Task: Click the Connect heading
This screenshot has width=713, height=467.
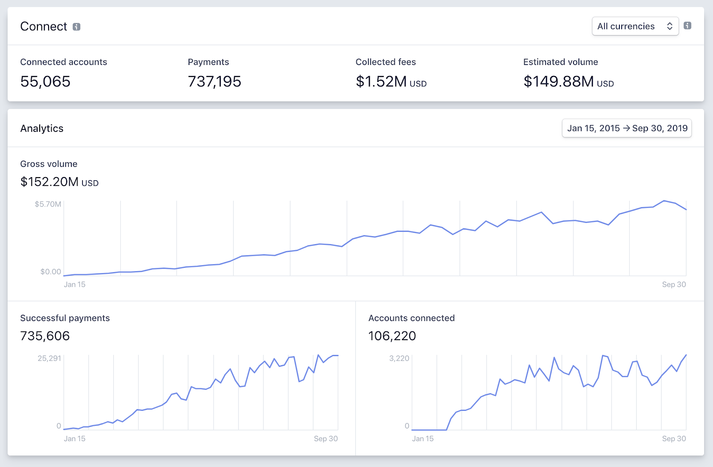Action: (44, 27)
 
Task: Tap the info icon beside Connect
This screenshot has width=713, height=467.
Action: (77, 27)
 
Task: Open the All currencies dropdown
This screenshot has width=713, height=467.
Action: (635, 26)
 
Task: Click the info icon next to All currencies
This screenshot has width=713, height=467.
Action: (688, 26)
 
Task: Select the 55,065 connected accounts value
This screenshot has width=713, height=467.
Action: (45, 81)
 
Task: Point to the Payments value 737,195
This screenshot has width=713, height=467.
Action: (214, 81)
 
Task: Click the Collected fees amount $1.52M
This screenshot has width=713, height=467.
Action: (381, 81)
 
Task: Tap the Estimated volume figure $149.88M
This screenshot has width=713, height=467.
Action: (559, 81)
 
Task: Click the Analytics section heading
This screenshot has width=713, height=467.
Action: (42, 129)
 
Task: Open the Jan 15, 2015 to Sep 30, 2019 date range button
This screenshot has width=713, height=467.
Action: (627, 128)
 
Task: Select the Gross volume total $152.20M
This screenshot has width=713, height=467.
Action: (49, 182)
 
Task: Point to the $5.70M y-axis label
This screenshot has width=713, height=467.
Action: (48, 204)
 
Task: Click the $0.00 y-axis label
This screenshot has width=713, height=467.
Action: (50, 272)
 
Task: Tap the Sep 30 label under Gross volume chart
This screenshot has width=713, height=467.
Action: (674, 284)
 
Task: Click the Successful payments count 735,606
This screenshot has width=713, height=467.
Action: (45, 336)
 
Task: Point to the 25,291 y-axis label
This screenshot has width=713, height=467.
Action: (49, 358)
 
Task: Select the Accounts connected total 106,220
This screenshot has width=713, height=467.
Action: (392, 336)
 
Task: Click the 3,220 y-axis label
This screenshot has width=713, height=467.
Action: (399, 358)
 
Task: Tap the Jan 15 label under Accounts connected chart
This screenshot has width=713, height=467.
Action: (422, 439)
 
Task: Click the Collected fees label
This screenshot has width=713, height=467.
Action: (385, 62)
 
